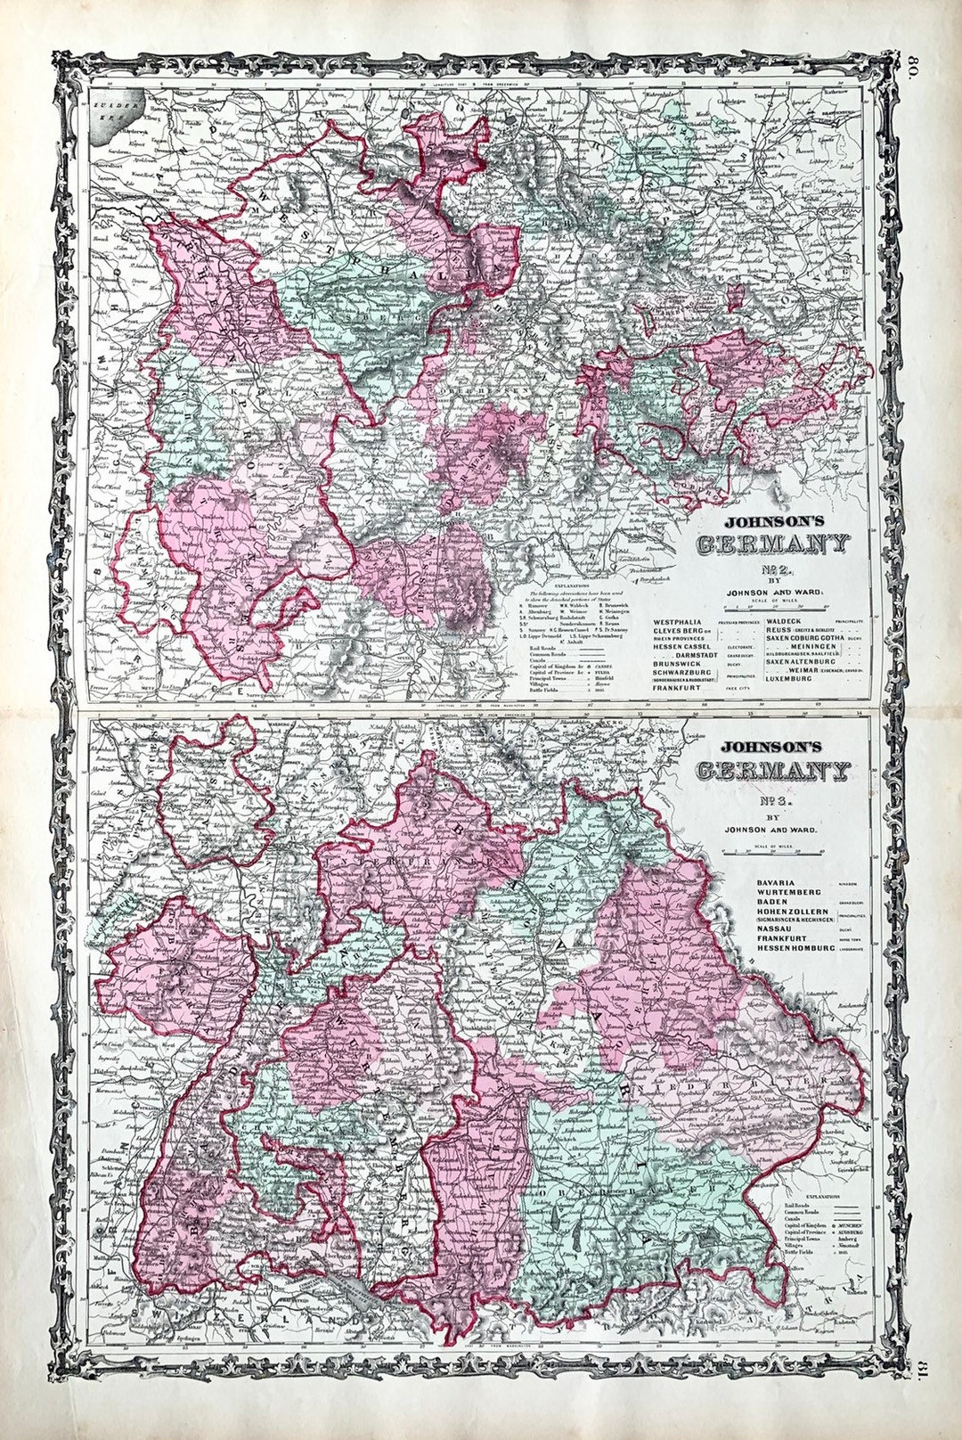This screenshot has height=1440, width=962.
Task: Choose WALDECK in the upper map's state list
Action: coord(784,620)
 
